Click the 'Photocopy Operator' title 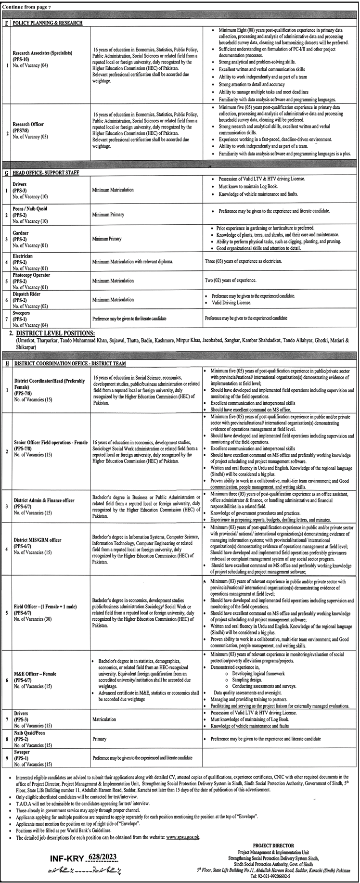click(32, 275)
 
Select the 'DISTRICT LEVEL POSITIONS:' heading click(56, 333)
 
